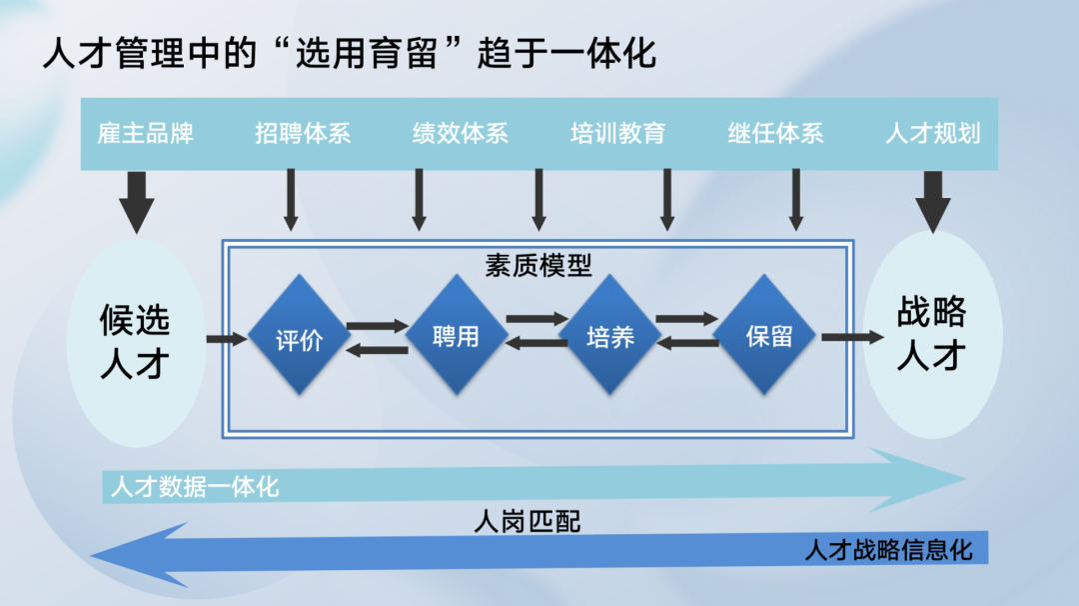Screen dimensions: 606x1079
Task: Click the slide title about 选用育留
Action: pos(350,53)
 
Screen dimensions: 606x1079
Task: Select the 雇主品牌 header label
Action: pos(145,133)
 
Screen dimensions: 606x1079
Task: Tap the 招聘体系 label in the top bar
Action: pos(303,133)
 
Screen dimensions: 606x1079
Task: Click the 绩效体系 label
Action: pos(461,133)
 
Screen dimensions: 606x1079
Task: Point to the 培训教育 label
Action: pos(617,133)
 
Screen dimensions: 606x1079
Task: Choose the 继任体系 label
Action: pos(775,133)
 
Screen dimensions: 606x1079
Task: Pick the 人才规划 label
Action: pos(932,133)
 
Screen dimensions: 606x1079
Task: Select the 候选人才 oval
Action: pos(135,340)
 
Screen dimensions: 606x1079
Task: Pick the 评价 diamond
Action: pos(298,339)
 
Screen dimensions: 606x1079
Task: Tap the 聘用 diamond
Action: pos(456,336)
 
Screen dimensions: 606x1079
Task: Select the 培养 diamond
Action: pos(610,336)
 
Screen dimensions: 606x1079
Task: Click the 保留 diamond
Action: pos(768,336)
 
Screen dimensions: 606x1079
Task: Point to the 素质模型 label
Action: pos(539,265)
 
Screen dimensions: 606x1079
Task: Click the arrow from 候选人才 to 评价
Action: pos(226,340)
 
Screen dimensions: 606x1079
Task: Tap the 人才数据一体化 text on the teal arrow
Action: pos(195,488)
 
